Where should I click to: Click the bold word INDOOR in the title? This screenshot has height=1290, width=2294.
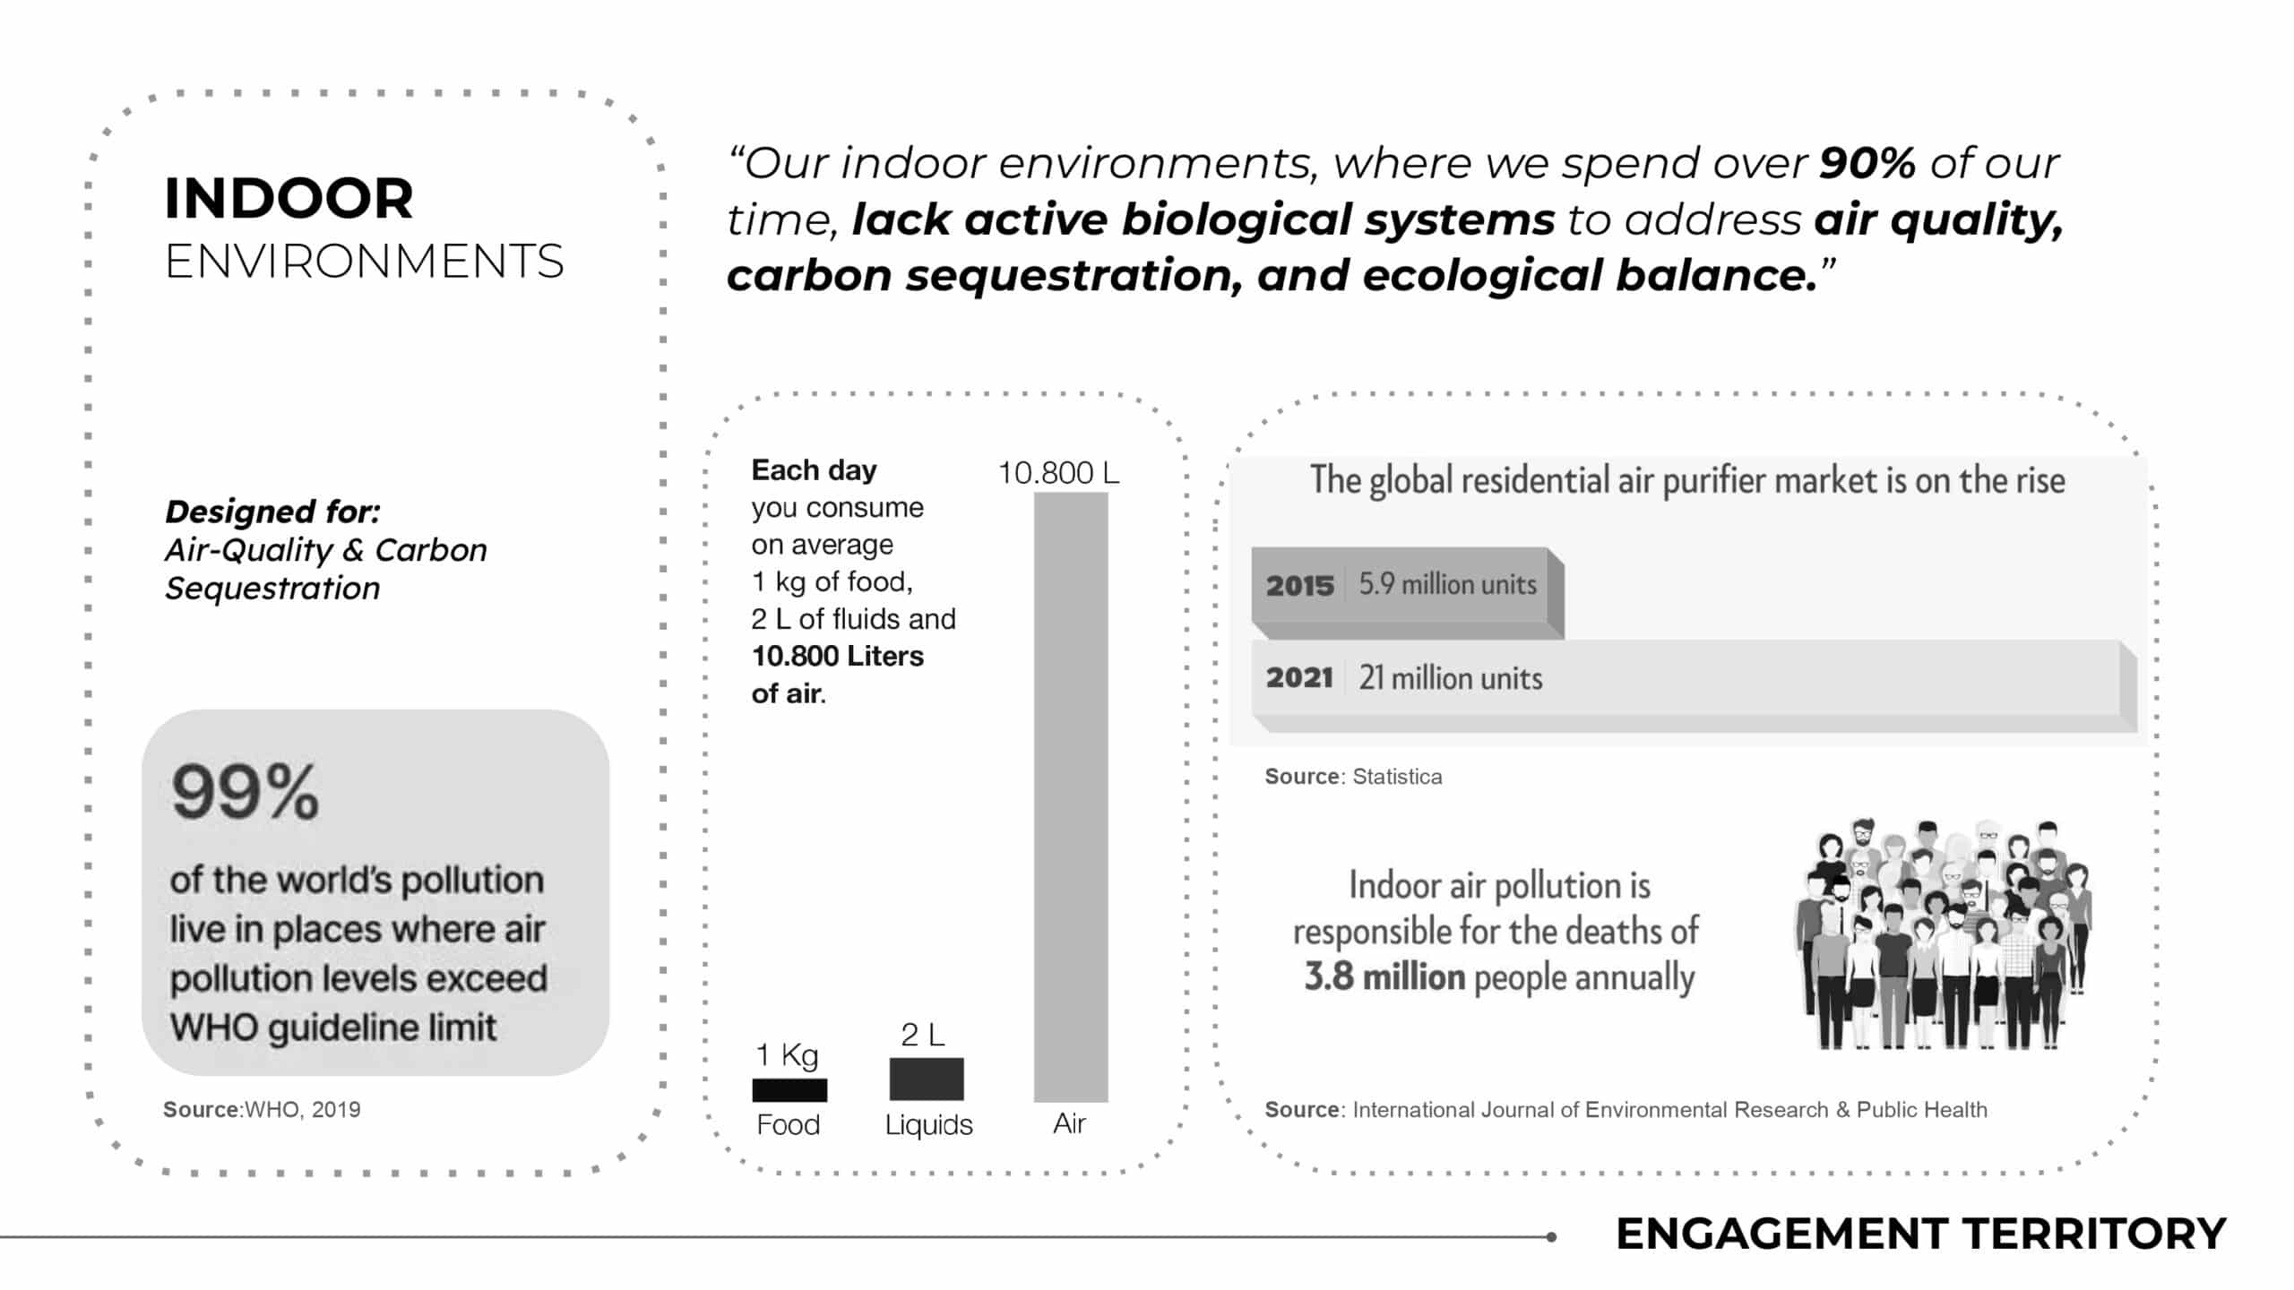[x=289, y=198]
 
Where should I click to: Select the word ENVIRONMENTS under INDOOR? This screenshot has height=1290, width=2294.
[x=364, y=262]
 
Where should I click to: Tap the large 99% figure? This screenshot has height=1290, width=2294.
[x=245, y=792]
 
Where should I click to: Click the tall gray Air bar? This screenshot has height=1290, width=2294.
[x=1071, y=797]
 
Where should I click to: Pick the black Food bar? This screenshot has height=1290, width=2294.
[x=789, y=1089]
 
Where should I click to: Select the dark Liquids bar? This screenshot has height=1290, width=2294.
[x=927, y=1079]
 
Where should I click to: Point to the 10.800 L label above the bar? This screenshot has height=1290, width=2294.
[x=1058, y=473]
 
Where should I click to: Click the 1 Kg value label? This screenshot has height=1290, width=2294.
[x=787, y=1055]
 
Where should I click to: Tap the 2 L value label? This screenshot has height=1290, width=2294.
[x=923, y=1035]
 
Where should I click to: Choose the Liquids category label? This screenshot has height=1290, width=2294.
[x=928, y=1124]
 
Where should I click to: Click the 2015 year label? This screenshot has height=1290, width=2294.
[x=1300, y=586]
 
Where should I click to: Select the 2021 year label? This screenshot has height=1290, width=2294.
[x=1300, y=677]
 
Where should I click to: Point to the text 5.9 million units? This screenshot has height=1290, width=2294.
[x=1448, y=584]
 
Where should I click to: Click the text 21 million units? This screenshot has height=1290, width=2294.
[x=1451, y=678]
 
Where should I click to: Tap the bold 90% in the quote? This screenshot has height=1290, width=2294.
[x=1867, y=163]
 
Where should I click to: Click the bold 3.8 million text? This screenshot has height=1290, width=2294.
[x=1384, y=976]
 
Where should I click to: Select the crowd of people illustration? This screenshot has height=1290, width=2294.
[x=1942, y=933]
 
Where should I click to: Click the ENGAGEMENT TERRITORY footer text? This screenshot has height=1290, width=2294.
[x=1920, y=1234]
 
